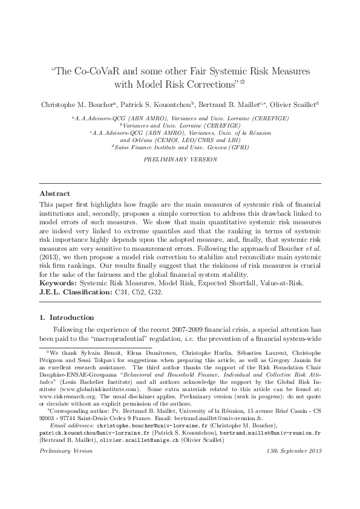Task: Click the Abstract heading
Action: [51, 193]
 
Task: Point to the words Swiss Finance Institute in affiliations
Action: [147, 147]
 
